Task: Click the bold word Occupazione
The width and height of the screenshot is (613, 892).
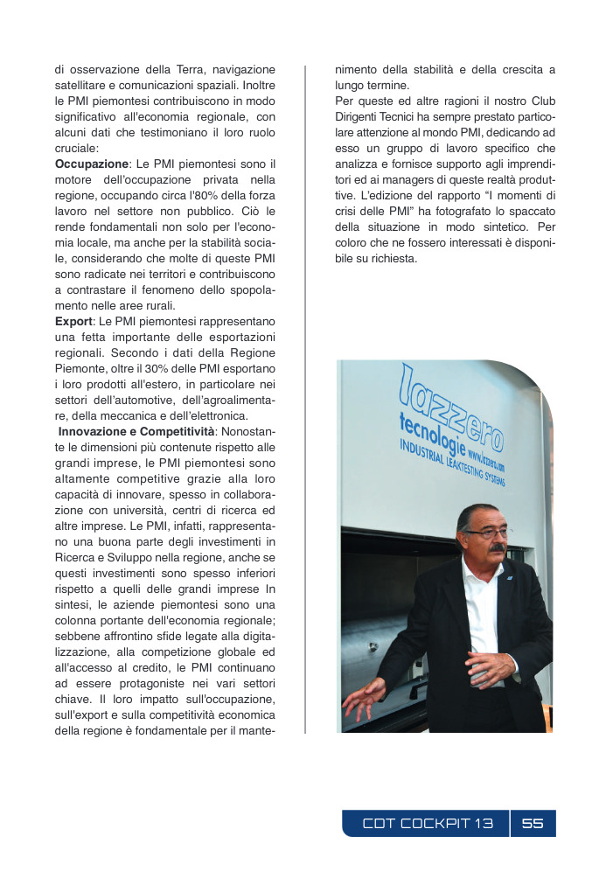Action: pyautogui.click(x=91, y=164)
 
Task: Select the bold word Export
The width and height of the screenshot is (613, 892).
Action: pyautogui.click(x=73, y=322)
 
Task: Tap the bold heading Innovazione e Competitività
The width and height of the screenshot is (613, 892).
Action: pyautogui.click(x=136, y=432)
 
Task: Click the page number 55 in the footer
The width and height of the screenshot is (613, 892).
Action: pyautogui.click(x=533, y=823)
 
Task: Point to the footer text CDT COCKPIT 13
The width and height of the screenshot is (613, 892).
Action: pyautogui.click(x=428, y=823)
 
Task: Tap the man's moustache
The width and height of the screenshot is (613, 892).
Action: pyautogui.click(x=496, y=548)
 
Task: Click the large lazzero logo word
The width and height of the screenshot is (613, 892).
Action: pyautogui.click(x=451, y=408)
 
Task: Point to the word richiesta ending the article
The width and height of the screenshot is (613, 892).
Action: pyautogui.click(x=394, y=258)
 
